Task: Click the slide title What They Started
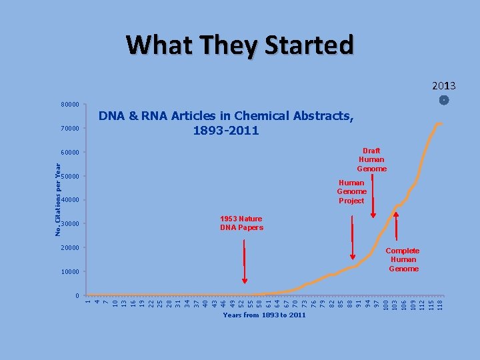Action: (x=240, y=45)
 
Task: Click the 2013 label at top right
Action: (x=443, y=86)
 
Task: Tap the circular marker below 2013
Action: (x=445, y=100)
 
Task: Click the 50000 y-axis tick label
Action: (x=69, y=176)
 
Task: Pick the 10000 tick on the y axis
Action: (x=69, y=272)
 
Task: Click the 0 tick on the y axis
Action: (x=77, y=295)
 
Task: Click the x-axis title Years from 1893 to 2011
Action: (x=265, y=315)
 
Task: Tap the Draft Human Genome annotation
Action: (x=371, y=160)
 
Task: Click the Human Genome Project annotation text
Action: (x=351, y=191)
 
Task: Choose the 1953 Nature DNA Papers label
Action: (x=241, y=223)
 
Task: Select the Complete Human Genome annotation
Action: (x=403, y=259)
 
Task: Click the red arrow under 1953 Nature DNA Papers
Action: (x=245, y=261)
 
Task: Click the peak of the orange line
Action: (x=438, y=123)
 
